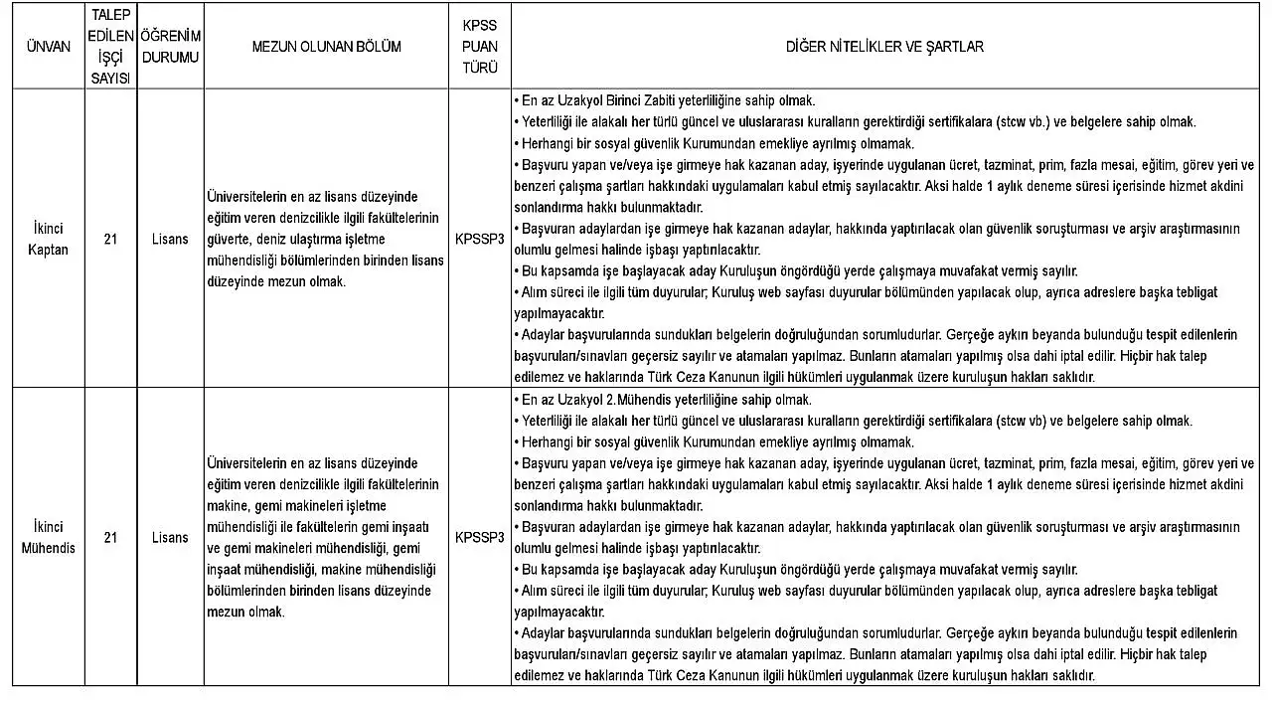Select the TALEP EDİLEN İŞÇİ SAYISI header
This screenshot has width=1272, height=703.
click(110, 47)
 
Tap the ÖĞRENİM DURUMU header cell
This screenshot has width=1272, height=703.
click(170, 47)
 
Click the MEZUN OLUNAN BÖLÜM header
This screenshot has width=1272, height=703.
click(327, 47)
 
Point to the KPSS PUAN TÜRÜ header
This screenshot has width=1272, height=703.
click(480, 47)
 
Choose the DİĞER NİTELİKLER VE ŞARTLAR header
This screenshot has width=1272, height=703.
click(884, 47)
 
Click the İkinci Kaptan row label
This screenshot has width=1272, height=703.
click(48, 239)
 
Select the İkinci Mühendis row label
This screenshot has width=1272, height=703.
click(48, 537)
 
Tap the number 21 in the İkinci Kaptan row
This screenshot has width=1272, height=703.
click(110, 239)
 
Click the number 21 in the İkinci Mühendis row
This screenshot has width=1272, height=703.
click(110, 537)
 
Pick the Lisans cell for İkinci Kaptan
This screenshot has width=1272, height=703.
click(170, 239)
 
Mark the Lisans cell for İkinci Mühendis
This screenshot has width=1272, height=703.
click(170, 537)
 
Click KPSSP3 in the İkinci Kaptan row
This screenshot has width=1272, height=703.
click(480, 239)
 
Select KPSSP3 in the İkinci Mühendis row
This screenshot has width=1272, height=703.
click(480, 537)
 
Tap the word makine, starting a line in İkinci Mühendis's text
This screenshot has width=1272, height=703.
click(226, 484)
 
